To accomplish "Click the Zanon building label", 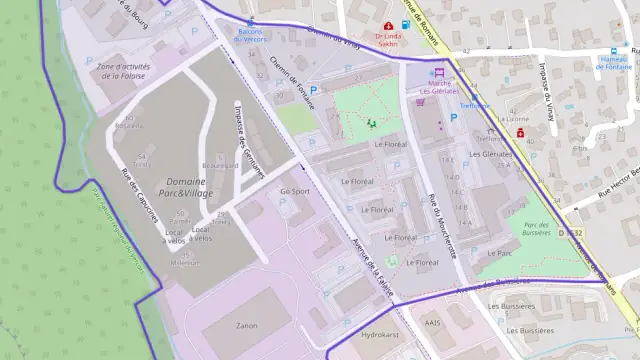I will [246, 326].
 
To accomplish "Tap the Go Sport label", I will [295, 190].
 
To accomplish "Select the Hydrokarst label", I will [379, 335].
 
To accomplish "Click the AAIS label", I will [433, 323].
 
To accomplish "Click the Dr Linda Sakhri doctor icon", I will [389, 25].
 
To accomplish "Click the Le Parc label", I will [499, 254].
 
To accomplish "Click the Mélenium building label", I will [184, 263].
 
